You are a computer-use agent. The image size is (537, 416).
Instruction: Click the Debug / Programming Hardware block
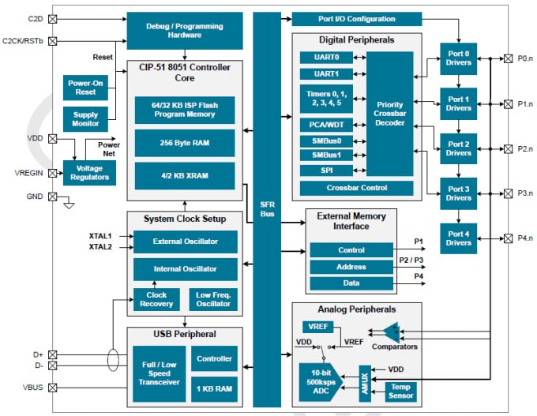[184, 29]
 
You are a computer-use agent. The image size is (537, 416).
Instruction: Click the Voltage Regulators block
[88, 171]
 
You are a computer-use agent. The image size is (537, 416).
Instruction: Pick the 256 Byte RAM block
[184, 143]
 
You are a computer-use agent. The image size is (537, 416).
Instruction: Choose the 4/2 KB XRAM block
[184, 174]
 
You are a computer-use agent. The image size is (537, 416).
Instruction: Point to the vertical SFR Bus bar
[266, 208]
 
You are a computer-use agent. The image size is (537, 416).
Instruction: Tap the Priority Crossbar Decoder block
[389, 113]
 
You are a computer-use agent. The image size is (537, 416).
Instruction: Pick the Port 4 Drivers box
[459, 238]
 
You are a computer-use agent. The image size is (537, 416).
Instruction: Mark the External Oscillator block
[184, 242]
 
